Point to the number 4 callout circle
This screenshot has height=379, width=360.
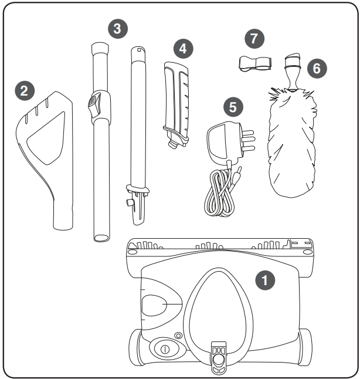tap(184, 49)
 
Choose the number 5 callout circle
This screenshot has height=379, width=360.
tap(233, 107)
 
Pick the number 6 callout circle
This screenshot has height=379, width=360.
tap(316, 68)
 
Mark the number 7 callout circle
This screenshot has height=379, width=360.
tap(253, 39)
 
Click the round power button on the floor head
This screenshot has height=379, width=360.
tap(165, 349)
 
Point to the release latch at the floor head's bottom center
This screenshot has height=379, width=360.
tap(218, 356)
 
